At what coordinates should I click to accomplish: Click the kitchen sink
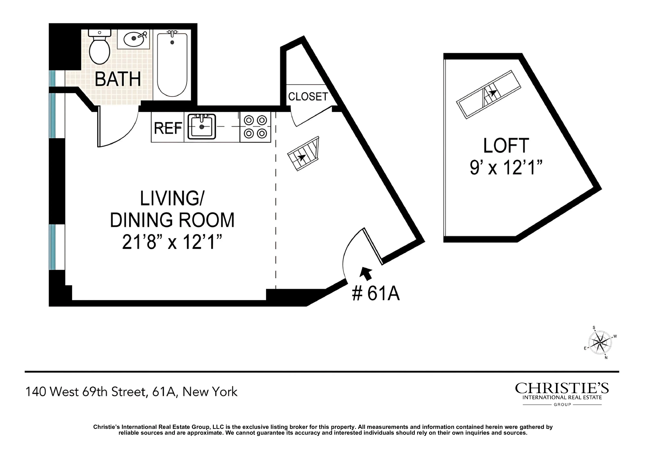coord(202,127)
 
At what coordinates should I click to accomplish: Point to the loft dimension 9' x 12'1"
coord(506,168)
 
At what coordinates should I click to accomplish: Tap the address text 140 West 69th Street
coord(86,392)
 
